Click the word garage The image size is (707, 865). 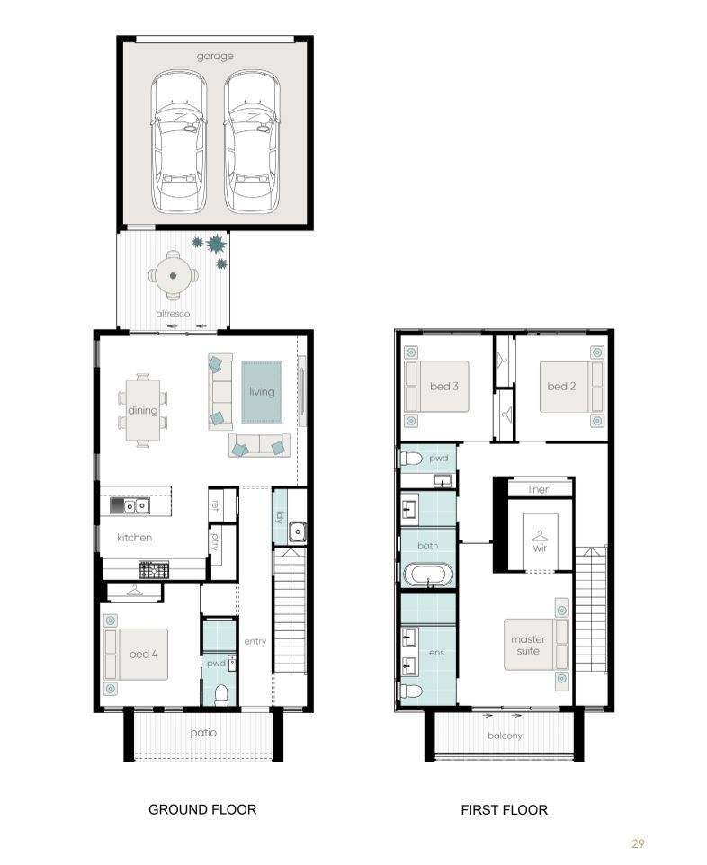[215, 57]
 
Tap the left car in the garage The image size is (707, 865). [178, 142]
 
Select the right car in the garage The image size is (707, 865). [252, 142]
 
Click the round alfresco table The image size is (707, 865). [174, 275]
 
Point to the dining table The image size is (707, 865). [143, 410]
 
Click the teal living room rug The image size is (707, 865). [262, 392]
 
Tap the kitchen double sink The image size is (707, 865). [136, 506]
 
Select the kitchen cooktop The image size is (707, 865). [154, 569]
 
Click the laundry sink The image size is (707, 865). [298, 531]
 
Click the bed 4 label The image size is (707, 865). [143, 654]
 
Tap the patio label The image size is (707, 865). [203, 733]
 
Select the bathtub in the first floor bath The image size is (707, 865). [428, 575]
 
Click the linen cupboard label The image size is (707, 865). [539, 489]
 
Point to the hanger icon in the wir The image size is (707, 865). [540, 536]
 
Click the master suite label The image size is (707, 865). [528, 645]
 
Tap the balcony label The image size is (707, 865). [505, 736]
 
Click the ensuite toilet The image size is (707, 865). [412, 691]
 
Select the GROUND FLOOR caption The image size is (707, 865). [202, 809]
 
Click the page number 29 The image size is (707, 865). [638, 843]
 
